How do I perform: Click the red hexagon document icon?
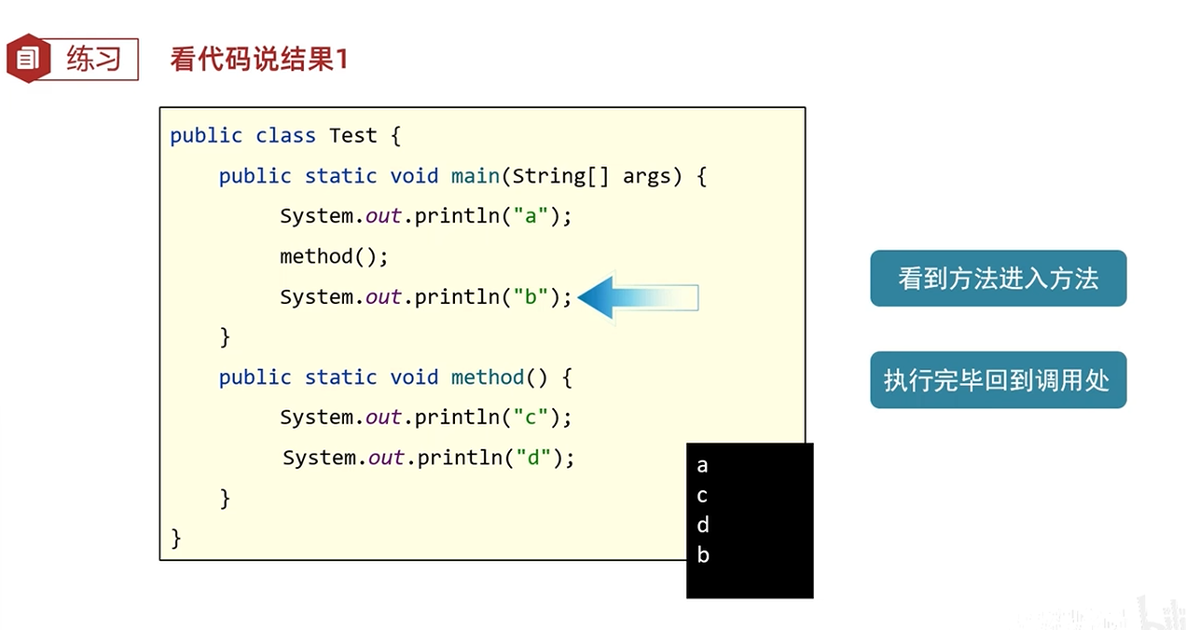click(x=28, y=59)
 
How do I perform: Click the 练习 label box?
click(x=93, y=59)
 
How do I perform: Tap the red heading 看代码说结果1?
click(x=259, y=60)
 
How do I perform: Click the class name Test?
click(x=352, y=136)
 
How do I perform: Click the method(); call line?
click(x=334, y=256)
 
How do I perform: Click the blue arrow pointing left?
click(x=638, y=297)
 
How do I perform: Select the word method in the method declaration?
click(x=488, y=377)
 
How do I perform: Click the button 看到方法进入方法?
click(x=998, y=279)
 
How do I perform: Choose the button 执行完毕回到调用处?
click(x=998, y=380)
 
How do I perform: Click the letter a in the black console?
click(x=702, y=466)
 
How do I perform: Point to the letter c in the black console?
click(x=702, y=496)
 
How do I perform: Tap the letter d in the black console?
click(x=702, y=525)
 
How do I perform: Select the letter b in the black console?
click(x=702, y=555)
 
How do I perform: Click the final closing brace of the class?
click(x=176, y=538)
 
